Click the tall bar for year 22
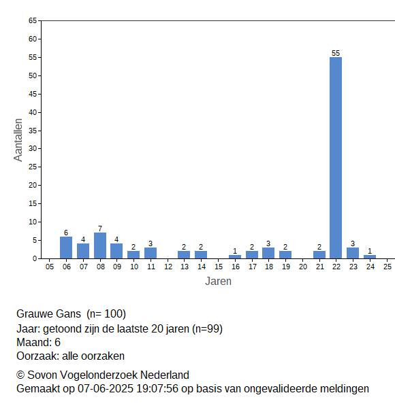click(x=336, y=158)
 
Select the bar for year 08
click(x=100, y=245)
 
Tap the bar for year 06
click(x=66, y=248)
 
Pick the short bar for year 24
click(x=370, y=257)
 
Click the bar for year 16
click(x=235, y=257)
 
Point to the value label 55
click(x=336, y=53)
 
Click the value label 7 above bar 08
click(x=100, y=228)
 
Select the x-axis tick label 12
click(x=168, y=267)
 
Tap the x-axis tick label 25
click(x=388, y=267)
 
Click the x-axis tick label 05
click(x=50, y=267)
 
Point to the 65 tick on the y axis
click(x=33, y=20)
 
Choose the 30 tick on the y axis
click(x=33, y=148)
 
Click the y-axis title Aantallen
click(x=18, y=140)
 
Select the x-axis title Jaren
click(x=218, y=282)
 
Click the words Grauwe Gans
click(x=48, y=314)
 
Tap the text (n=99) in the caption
click(x=207, y=329)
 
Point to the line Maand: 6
click(x=38, y=343)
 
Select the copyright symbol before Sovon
click(x=20, y=375)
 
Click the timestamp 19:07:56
click(x=157, y=389)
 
